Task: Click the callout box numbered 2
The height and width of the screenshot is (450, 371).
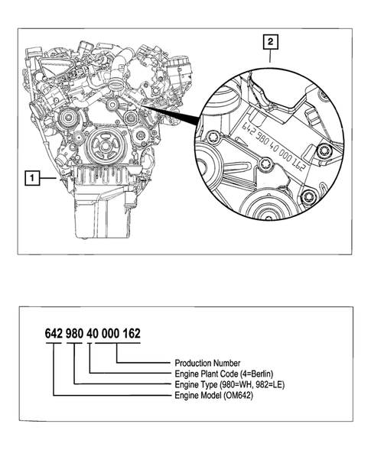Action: click(270, 43)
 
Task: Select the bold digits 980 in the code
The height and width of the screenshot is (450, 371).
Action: click(76, 334)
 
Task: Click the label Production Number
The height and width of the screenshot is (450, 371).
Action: click(208, 362)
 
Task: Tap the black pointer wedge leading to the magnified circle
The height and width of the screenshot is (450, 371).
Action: click(172, 118)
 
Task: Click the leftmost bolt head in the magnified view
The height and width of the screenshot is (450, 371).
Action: click(214, 138)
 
